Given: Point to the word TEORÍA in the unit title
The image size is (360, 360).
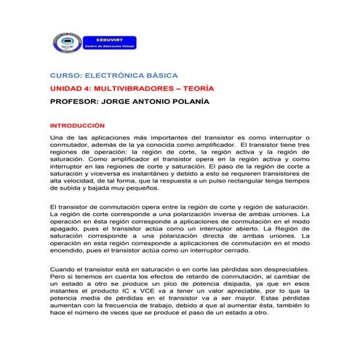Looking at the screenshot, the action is (196, 88).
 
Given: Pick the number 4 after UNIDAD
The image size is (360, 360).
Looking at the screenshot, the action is (88, 88).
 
